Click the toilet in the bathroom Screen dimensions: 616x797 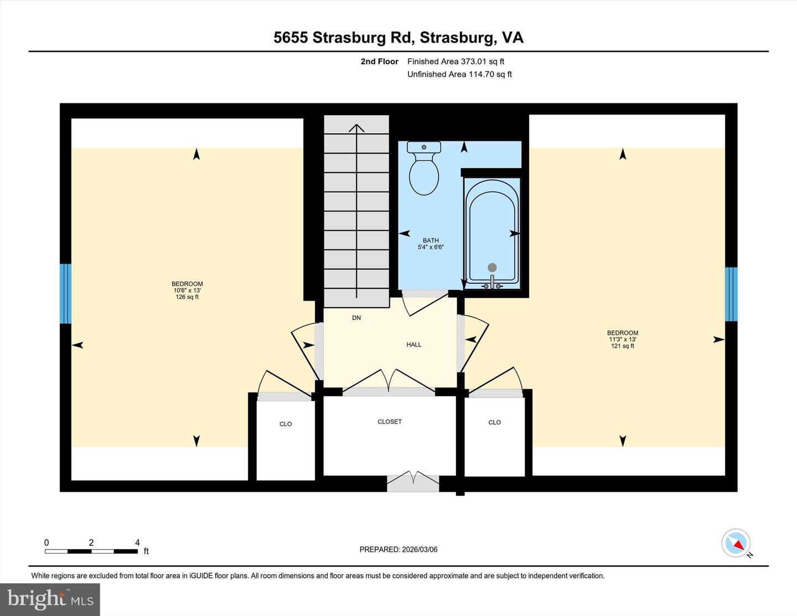pyautogui.click(x=424, y=169)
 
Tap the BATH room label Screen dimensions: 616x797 pyautogui.click(x=431, y=240)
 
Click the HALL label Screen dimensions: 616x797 pyautogui.click(x=414, y=345)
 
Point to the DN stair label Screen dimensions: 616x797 pyautogui.click(x=356, y=318)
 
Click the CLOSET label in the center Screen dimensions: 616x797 pyautogui.click(x=390, y=422)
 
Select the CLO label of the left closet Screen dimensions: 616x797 pyautogui.click(x=286, y=424)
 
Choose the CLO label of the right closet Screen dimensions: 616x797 pyautogui.click(x=494, y=422)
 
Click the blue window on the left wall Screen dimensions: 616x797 pyautogui.click(x=65, y=293)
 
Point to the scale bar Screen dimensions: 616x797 pyautogui.click(x=91, y=551)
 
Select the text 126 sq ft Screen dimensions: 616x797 pyautogui.click(x=187, y=297)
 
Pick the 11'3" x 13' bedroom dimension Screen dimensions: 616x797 pyautogui.click(x=623, y=339)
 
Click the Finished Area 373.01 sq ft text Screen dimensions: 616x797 pyautogui.click(x=456, y=61)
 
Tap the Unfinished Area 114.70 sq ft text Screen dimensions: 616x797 pyautogui.click(x=459, y=74)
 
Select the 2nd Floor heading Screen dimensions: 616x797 pyautogui.click(x=379, y=61)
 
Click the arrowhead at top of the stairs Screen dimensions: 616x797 pyautogui.click(x=356, y=128)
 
